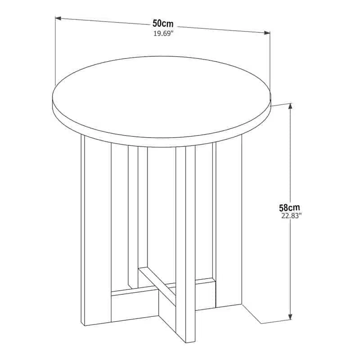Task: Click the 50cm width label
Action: pos(163,23)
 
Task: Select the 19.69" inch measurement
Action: pos(163,34)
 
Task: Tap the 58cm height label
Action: pos(289,207)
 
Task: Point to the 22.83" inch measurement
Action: pos(291,216)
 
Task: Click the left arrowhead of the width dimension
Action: pos(58,18)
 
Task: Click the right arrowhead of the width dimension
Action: pos(267,33)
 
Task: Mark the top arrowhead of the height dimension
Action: pos(291,106)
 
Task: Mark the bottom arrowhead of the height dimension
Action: pos(291,316)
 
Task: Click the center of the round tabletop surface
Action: pos(162,97)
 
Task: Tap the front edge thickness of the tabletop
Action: pos(162,143)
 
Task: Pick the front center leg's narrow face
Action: pos(190,243)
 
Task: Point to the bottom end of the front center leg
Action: pos(190,342)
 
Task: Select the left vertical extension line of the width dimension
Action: pos(55,52)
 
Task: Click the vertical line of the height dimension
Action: pos(291,211)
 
